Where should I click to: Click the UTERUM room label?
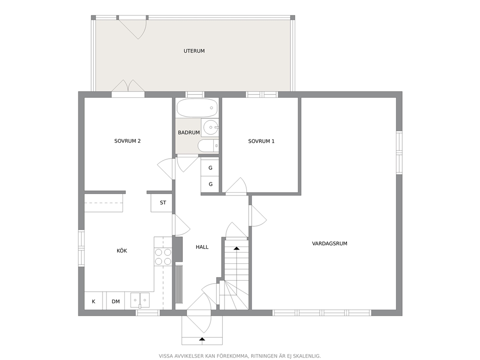194,51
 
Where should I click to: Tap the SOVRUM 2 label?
127,141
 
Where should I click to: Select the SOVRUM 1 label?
261,141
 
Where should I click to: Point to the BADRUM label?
189,133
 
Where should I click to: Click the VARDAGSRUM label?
330,244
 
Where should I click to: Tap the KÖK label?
121,251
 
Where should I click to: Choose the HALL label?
202,247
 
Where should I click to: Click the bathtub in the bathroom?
197,108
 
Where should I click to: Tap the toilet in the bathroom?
208,146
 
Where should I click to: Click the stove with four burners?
163,257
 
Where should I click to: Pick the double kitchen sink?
140,300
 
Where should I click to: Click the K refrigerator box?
94,301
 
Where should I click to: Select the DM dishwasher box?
116,301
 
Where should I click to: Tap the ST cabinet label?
163,203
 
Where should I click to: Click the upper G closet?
210,168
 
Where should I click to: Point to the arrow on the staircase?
236,248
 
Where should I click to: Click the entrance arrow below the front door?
202,339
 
